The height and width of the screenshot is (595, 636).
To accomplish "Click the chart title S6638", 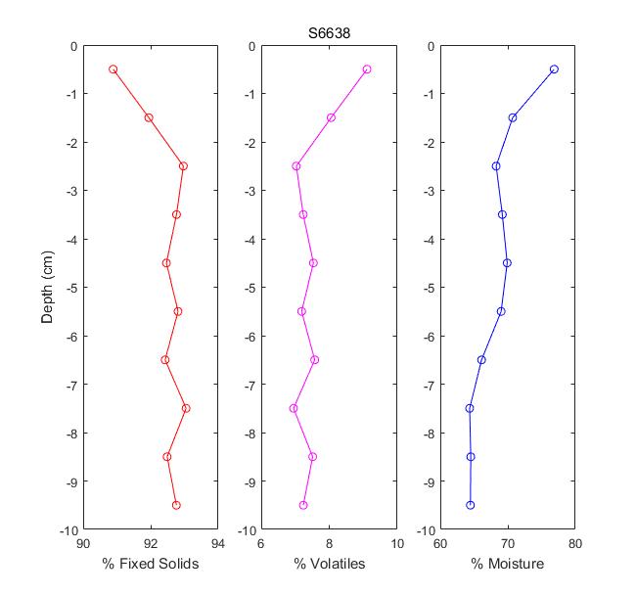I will (x=330, y=33).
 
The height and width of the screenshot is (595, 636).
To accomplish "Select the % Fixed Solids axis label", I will (x=151, y=565).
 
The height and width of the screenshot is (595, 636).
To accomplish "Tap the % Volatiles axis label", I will (x=330, y=565).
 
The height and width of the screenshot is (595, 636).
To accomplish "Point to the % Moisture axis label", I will (x=507, y=565).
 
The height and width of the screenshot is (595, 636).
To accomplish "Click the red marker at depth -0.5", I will (x=114, y=69).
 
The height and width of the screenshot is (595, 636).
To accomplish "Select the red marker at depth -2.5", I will (x=183, y=166).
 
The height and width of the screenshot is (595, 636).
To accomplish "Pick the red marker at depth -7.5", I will (x=186, y=408).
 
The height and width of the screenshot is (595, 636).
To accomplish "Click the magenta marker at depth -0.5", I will (x=367, y=69).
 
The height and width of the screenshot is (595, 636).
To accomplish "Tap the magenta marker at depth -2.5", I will (x=296, y=166).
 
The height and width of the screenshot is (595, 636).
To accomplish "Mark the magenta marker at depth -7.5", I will (x=294, y=408).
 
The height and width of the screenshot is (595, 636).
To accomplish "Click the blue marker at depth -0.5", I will (x=554, y=69).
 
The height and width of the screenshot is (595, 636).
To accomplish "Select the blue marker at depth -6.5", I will (x=481, y=360).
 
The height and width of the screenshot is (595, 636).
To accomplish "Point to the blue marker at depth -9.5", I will (x=471, y=505).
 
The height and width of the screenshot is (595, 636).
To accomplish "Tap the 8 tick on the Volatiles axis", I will (x=330, y=543).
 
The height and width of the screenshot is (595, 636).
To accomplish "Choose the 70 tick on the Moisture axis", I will (x=508, y=543).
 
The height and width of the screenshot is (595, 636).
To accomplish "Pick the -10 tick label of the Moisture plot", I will (x=426, y=529).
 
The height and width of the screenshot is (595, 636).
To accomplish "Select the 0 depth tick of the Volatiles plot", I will (x=252, y=46).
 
